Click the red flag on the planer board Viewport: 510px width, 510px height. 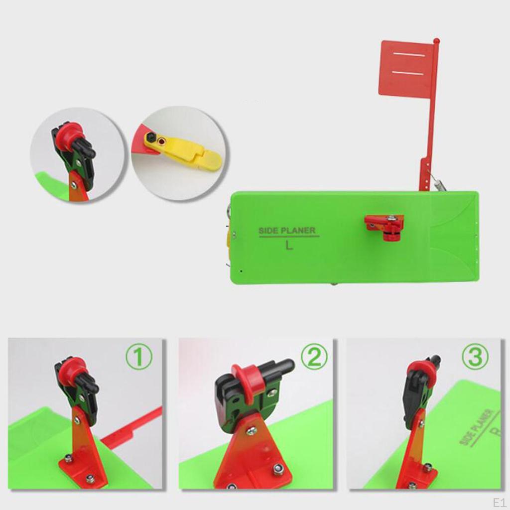[406, 68]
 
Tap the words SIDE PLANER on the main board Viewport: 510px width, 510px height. [287, 231]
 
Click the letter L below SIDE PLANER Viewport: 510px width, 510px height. [289, 245]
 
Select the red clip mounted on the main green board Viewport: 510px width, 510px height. [384, 225]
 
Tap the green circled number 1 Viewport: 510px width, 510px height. [139, 359]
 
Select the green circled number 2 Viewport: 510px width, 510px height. [314, 357]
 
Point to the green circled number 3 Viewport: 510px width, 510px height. [475, 357]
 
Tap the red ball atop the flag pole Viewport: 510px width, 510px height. [436, 40]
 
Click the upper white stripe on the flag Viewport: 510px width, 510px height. [408, 54]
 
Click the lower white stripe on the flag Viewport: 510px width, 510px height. [408, 73]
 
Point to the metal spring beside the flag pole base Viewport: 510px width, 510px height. [437, 185]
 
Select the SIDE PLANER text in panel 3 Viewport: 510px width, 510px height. [477, 427]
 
